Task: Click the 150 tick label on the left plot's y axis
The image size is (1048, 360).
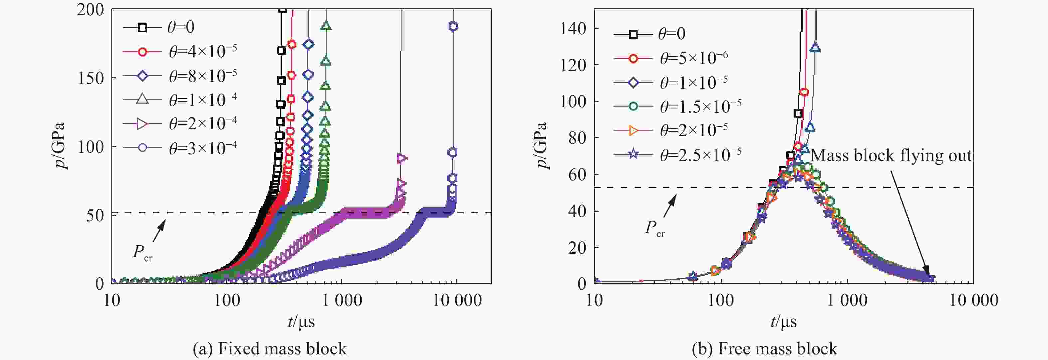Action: click(90, 78)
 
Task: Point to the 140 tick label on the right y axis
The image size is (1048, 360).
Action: click(573, 29)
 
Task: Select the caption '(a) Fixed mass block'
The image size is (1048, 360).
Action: click(270, 349)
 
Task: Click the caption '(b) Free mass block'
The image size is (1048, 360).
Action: click(765, 349)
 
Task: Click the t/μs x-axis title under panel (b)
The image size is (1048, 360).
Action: click(784, 322)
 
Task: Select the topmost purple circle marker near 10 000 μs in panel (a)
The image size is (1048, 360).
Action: click(453, 26)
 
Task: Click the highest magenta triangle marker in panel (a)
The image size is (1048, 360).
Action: click(402, 158)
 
